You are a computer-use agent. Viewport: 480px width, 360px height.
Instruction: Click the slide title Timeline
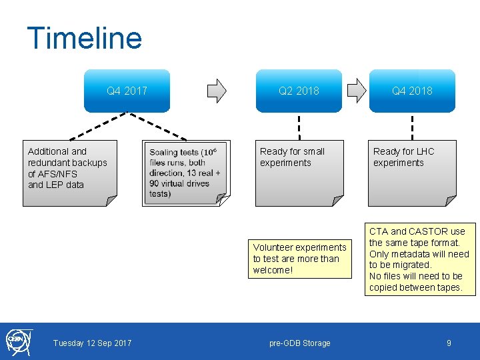pyautogui.click(x=84, y=38)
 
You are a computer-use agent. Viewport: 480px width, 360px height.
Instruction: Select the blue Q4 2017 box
pyautogui.click(x=127, y=91)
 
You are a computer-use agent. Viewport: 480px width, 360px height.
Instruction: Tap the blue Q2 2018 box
pyautogui.click(x=299, y=91)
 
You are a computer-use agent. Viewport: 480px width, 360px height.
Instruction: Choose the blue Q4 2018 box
pyautogui.click(x=412, y=91)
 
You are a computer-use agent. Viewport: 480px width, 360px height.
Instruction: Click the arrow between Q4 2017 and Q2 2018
pyautogui.click(x=217, y=91)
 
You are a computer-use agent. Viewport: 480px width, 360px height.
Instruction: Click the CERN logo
pyautogui.click(x=17, y=341)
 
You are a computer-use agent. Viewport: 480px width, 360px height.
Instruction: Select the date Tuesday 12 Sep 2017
pyautogui.click(x=92, y=343)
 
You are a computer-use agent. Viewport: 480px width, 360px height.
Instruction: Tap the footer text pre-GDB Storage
pyautogui.click(x=299, y=343)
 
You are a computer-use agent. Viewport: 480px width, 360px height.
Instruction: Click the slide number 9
pyautogui.click(x=449, y=343)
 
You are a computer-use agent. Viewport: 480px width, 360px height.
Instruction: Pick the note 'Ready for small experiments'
pyautogui.click(x=299, y=173)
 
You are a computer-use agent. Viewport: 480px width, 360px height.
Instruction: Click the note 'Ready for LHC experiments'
pyautogui.click(x=412, y=173)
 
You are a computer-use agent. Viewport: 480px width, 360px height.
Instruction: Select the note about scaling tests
pyautogui.click(x=186, y=173)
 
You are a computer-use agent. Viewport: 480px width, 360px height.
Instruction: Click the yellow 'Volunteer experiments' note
pyautogui.click(x=299, y=259)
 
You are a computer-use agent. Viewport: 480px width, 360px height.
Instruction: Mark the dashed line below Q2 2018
pyautogui.click(x=299, y=127)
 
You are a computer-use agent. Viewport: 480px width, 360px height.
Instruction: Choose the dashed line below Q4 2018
pyautogui.click(x=412, y=127)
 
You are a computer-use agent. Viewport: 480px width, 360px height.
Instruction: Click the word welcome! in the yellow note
pyautogui.click(x=273, y=270)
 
